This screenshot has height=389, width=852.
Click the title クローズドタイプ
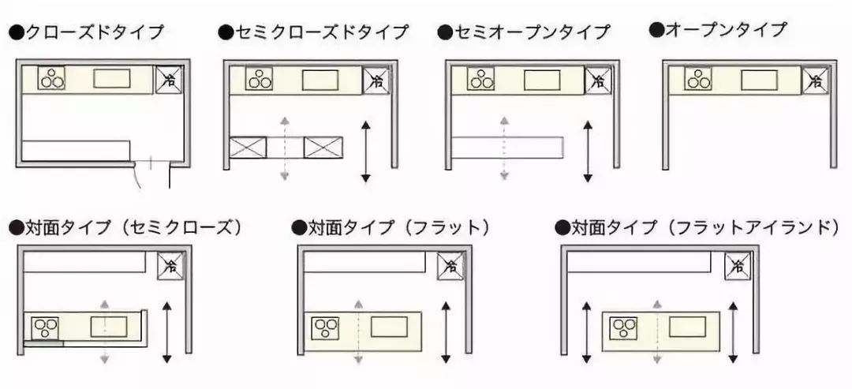(x=87, y=33)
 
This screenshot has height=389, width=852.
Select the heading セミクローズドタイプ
(x=314, y=32)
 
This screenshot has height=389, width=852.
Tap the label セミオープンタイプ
(x=524, y=32)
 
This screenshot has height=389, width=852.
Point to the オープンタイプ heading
(x=718, y=30)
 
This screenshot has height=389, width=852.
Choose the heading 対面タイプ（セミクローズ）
(x=125, y=228)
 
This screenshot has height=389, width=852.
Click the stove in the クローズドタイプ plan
(x=52, y=79)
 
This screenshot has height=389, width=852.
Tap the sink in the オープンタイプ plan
(x=758, y=80)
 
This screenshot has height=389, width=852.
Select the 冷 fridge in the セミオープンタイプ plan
(x=598, y=80)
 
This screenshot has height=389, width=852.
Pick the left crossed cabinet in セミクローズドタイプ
(x=248, y=148)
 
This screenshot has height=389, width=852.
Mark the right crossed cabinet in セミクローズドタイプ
(x=323, y=148)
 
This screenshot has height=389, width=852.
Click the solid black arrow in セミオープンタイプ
(x=586, y=151)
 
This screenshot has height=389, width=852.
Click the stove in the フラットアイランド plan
(x=624, y=327)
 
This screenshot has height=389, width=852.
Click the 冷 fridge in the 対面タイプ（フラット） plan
(x=450, y=267)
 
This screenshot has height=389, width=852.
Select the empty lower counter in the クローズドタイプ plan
(x=75, y=150)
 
